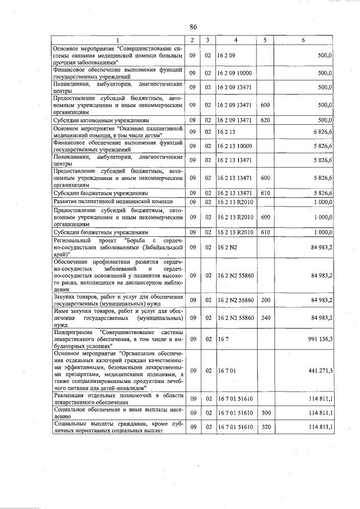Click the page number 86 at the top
point(193,27)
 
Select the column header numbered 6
point(303,40)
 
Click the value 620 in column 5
point(265,120)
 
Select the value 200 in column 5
point(265,300)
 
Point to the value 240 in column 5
point(265,319)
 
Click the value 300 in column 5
point(265,413)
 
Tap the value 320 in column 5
point(265,427)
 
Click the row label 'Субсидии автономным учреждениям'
point(101,120)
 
